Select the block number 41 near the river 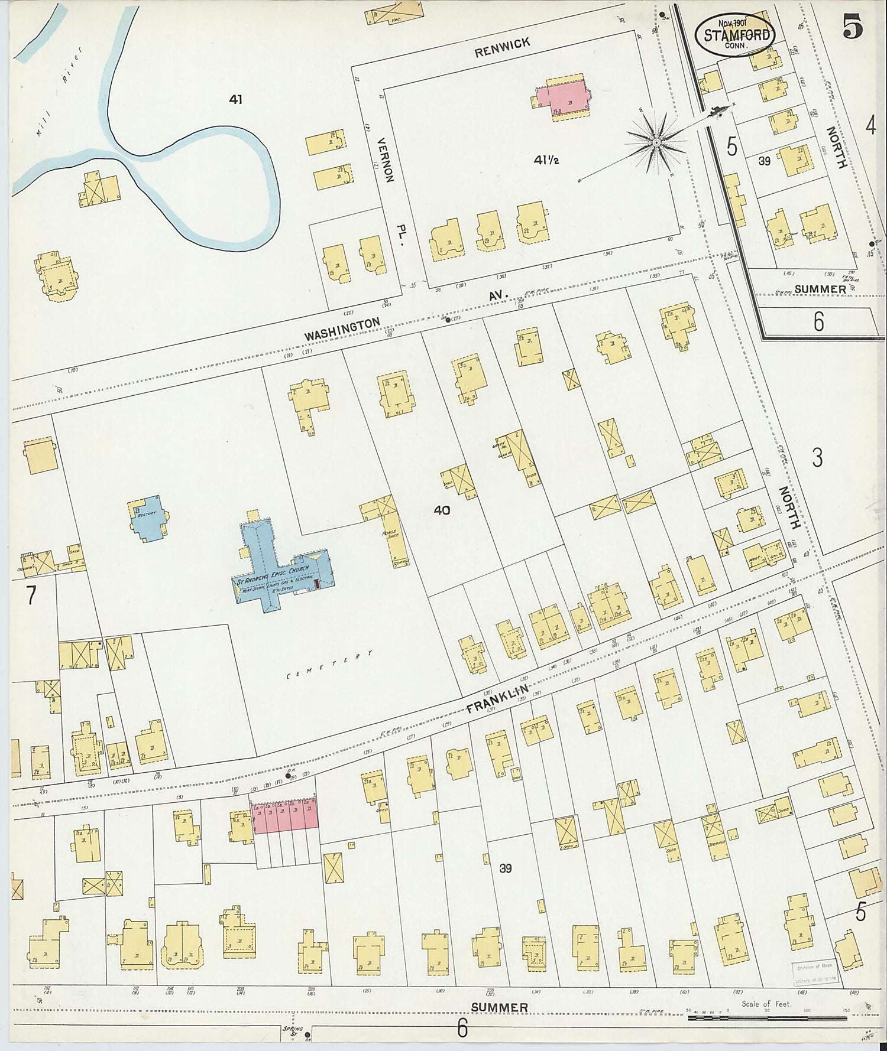[x=236, y=100]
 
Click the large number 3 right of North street [x=817, y=457]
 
